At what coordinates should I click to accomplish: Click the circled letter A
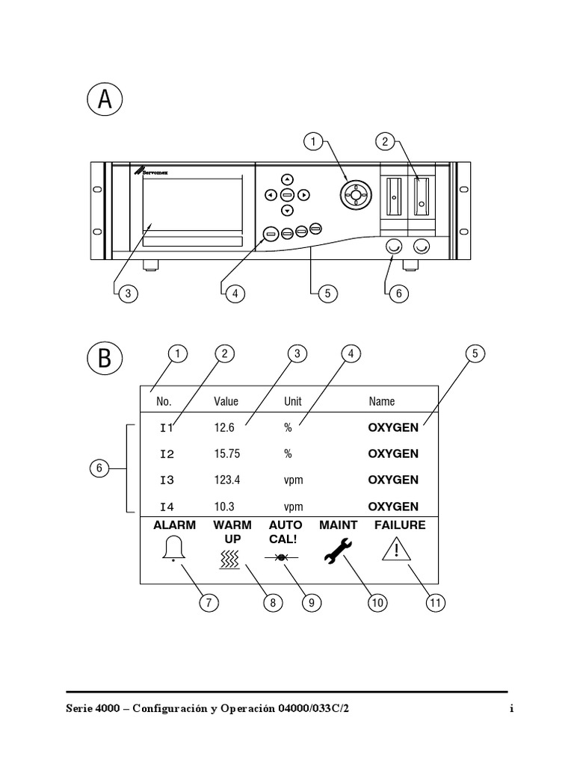(x=105, y=99)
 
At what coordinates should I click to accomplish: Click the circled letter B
(x=105, y=358)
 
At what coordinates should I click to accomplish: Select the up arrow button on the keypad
(x=287, y=179)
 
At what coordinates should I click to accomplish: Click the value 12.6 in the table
(x=224, y=428)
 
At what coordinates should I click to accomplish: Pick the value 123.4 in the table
(x=226, y=480)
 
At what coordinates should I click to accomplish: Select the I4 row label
(x=166, y=506)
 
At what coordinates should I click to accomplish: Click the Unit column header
(x=293, y=401)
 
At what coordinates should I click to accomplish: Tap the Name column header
(x=382, y=401)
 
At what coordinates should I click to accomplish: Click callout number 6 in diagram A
(x=398, y=294)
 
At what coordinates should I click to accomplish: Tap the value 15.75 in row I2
(x=226, y=453)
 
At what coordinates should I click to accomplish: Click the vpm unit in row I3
(x=294, y=480)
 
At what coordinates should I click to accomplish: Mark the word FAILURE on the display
(x=400, y=525)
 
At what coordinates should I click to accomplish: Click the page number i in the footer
(x=511, y=709)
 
